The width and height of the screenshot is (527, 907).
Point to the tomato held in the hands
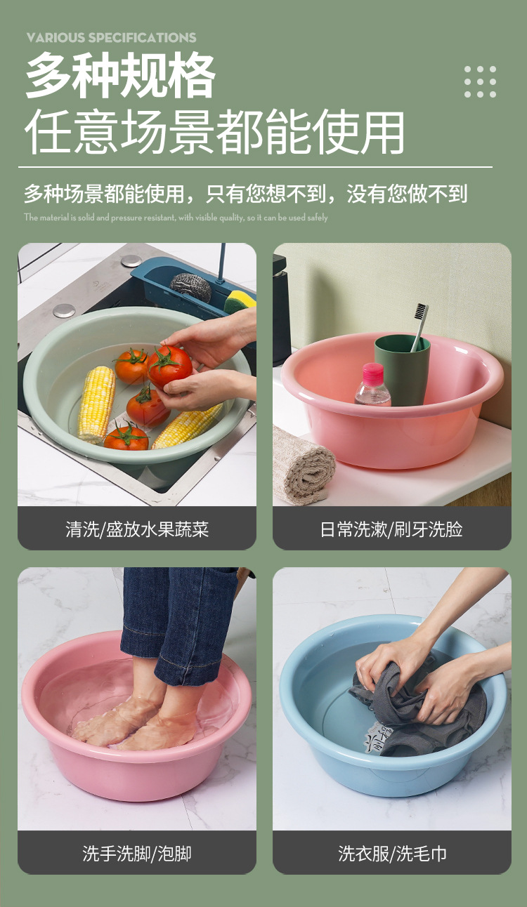pos(169,365)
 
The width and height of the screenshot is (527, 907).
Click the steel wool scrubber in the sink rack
pos(190,286)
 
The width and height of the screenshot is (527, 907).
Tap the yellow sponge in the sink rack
pos(240,300)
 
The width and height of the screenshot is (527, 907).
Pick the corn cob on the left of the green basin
pos(96,403)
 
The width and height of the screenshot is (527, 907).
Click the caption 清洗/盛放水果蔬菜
pos(137,529)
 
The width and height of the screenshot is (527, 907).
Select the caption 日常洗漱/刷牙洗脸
pos(391,529)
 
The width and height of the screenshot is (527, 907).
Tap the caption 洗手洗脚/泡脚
pos(137,853)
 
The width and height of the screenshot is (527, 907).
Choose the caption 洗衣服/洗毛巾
pos(391,853)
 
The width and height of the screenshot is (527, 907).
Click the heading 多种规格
pos(120,77)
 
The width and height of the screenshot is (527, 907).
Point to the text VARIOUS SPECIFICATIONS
pos(112,37)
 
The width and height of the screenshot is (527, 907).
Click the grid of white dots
pos(480,81)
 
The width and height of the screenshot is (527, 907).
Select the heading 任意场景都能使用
pos(215,131)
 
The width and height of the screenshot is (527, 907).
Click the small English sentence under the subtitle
pos(176,218)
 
